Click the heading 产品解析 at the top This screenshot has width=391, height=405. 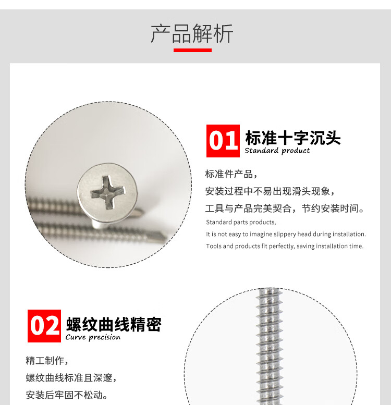[192, 33]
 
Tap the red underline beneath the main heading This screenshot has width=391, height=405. [192, 50]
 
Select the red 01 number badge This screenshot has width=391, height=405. [223, 141]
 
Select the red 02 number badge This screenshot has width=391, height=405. [44, 326]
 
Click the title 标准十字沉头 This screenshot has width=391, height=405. [293, 138]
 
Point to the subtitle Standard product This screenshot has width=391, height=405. [277, 151]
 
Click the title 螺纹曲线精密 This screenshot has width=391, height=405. [114, 324]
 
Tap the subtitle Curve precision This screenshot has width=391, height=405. [93, 337]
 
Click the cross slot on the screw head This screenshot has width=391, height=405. [108, 192]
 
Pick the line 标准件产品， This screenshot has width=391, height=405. [231, 174]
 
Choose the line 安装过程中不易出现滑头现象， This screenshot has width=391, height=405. [270, 191]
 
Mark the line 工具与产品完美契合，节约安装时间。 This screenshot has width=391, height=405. [285, 208]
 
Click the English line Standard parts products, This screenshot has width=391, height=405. [241, 222]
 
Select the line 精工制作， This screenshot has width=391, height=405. [47, 361]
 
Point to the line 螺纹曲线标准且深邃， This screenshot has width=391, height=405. [71, 378]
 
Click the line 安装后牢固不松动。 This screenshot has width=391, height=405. [67, 395]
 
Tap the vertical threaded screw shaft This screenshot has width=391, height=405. [270, 347]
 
